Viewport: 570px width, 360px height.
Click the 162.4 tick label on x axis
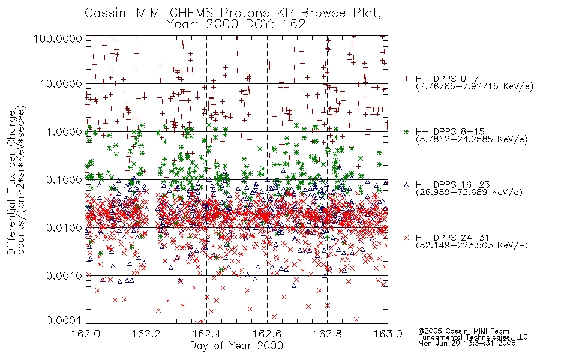coord(207,334)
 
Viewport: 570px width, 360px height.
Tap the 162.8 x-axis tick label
coord(327,334)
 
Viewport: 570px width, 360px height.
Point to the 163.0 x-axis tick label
coord(388,334)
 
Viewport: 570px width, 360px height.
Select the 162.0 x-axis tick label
coord(86,334)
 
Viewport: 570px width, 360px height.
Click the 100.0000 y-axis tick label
coord(58,38)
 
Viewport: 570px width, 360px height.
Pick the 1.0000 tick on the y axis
coord(64,131)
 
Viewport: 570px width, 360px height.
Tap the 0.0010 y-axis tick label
coord(64,276)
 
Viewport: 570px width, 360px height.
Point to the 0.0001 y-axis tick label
coord(64,320)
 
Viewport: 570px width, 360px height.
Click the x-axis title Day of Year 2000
coord(236,346)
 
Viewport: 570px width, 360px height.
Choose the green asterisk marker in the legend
coord(406,131)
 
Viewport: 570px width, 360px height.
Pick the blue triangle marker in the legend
coord(406,185)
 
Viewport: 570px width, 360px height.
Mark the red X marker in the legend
coord(406,238)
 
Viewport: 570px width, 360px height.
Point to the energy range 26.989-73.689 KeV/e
coord(469,193)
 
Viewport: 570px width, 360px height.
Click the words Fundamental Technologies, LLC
coord(473,337)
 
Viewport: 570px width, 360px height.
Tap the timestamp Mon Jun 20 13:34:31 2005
coord(467,343)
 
